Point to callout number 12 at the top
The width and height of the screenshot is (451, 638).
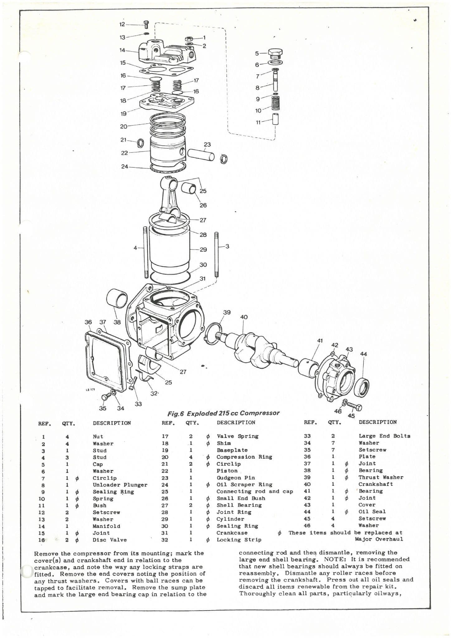122,24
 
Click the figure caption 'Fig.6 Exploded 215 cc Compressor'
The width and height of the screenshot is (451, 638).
223,413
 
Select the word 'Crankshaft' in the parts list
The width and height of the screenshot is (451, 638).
375,484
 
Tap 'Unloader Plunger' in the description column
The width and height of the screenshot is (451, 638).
120,485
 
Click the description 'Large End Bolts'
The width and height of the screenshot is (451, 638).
384,436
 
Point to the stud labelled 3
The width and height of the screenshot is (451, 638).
216,254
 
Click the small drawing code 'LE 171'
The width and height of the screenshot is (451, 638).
90,389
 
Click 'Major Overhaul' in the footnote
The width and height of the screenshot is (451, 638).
378,539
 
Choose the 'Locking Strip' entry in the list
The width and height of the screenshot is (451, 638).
239,540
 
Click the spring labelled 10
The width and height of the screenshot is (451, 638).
275,103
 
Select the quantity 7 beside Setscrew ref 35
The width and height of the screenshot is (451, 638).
333,450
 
